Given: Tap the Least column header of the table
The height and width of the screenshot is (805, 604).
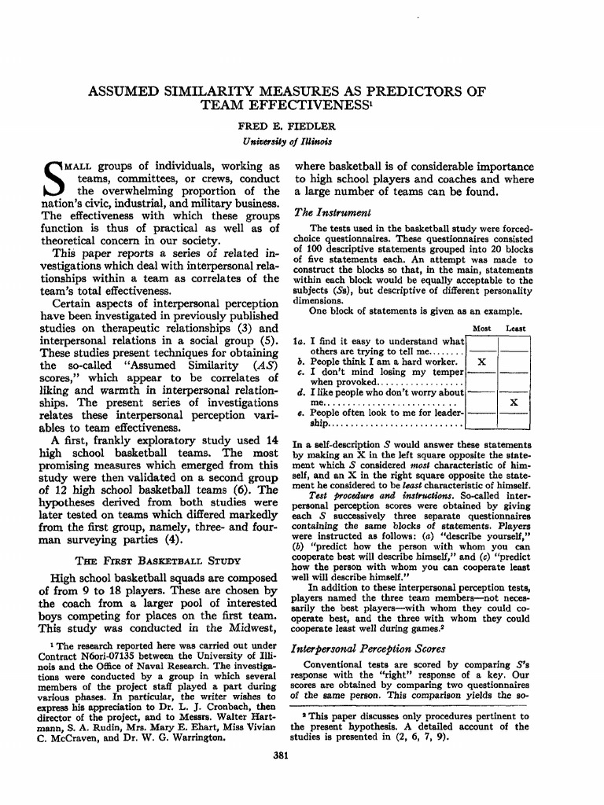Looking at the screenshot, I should point(516,328).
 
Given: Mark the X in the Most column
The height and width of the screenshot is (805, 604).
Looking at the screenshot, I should point(482,362).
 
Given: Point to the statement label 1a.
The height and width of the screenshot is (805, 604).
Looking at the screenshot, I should point(298,341).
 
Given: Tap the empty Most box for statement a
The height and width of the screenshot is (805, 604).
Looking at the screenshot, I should point(482,344).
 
